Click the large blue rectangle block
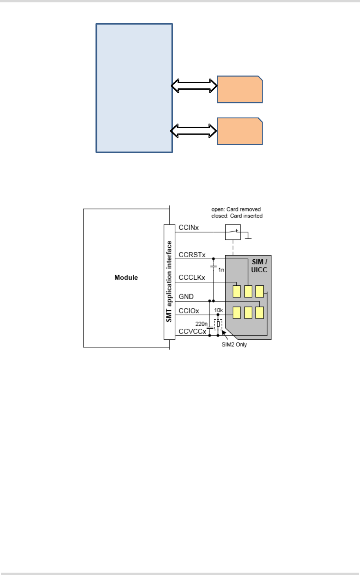pyautogui.click(x=134, y=88)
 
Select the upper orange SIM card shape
pyautogui.click(x=240, y=89)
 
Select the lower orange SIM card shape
pyautogui.click(x=240, y=131)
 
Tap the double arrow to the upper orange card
pyautogui.click(x=194, y=86)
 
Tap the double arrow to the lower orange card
pyautogui.click(x=194, y=131)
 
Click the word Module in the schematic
pyautogui.click(x=126, y=277)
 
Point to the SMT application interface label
pyautogui.click(x=169, y=282)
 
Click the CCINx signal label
pyautogui.click(x=188, y=228)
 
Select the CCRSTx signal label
pyautogui.click(x=192, y=255)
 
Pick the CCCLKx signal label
pyautogui.click(x=192, y=277)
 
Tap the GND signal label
pyautogui.click(x=186, y=297)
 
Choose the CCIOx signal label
pyautogui.click(x=189, y=311)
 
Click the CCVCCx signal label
pyautogui.click(x=192, y=332)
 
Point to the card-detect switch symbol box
pyautogui.click(x=233, y=232)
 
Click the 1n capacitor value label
pyautogui.click(x=221, y=270)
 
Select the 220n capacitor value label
pyautogui.click(x=201, y=324)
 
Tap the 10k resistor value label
pyautogui.click(x=218, y=310)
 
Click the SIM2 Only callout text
pyautogui.click(x=234, y=345)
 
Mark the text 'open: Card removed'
pyautogui.click(x=236, y=209)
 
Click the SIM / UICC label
pyautogui.click(x=259, y=266)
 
